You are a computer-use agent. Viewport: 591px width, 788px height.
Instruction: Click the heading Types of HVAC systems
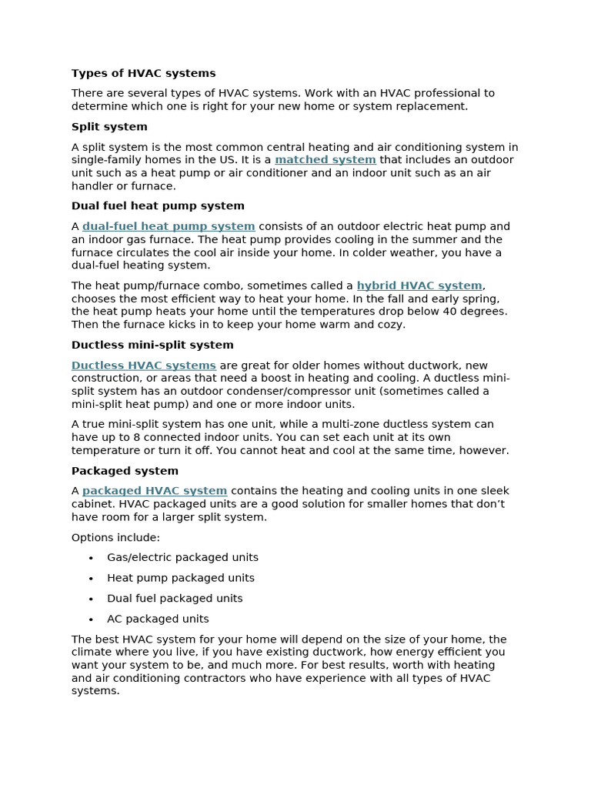tap(143, 73)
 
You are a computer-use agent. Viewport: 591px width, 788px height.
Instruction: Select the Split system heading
tap(109, 126)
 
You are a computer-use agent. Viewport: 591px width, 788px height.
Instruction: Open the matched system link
tap(325, 160)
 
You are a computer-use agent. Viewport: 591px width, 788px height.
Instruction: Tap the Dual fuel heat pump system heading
tap(158, 205)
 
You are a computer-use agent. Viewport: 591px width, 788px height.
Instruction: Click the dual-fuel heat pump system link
tap(169, 226)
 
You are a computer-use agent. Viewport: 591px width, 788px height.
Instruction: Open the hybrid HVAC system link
tap(419, 285)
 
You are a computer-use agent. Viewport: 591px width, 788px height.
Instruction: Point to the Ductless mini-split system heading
tap(152, 345)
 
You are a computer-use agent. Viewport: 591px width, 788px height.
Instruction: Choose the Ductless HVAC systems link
tap(144, 366)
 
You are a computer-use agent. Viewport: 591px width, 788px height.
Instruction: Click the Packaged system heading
tap(125, 470)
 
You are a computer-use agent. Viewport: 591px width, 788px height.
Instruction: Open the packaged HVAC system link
tap(155, 491)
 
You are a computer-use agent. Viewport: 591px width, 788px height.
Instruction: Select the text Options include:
tap(115, 537)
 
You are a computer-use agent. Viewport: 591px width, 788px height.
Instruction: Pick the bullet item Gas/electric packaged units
tap(182, 557)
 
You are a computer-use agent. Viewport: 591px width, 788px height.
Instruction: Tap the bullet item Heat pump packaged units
tap(181, 578)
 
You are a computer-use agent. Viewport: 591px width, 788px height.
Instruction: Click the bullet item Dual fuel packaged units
tap(175, 598)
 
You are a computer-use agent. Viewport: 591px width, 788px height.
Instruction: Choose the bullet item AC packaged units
tap(158, 619)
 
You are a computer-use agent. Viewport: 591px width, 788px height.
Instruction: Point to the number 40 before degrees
tap(460, 312)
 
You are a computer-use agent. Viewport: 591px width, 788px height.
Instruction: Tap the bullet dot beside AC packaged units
tap(91, 619)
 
